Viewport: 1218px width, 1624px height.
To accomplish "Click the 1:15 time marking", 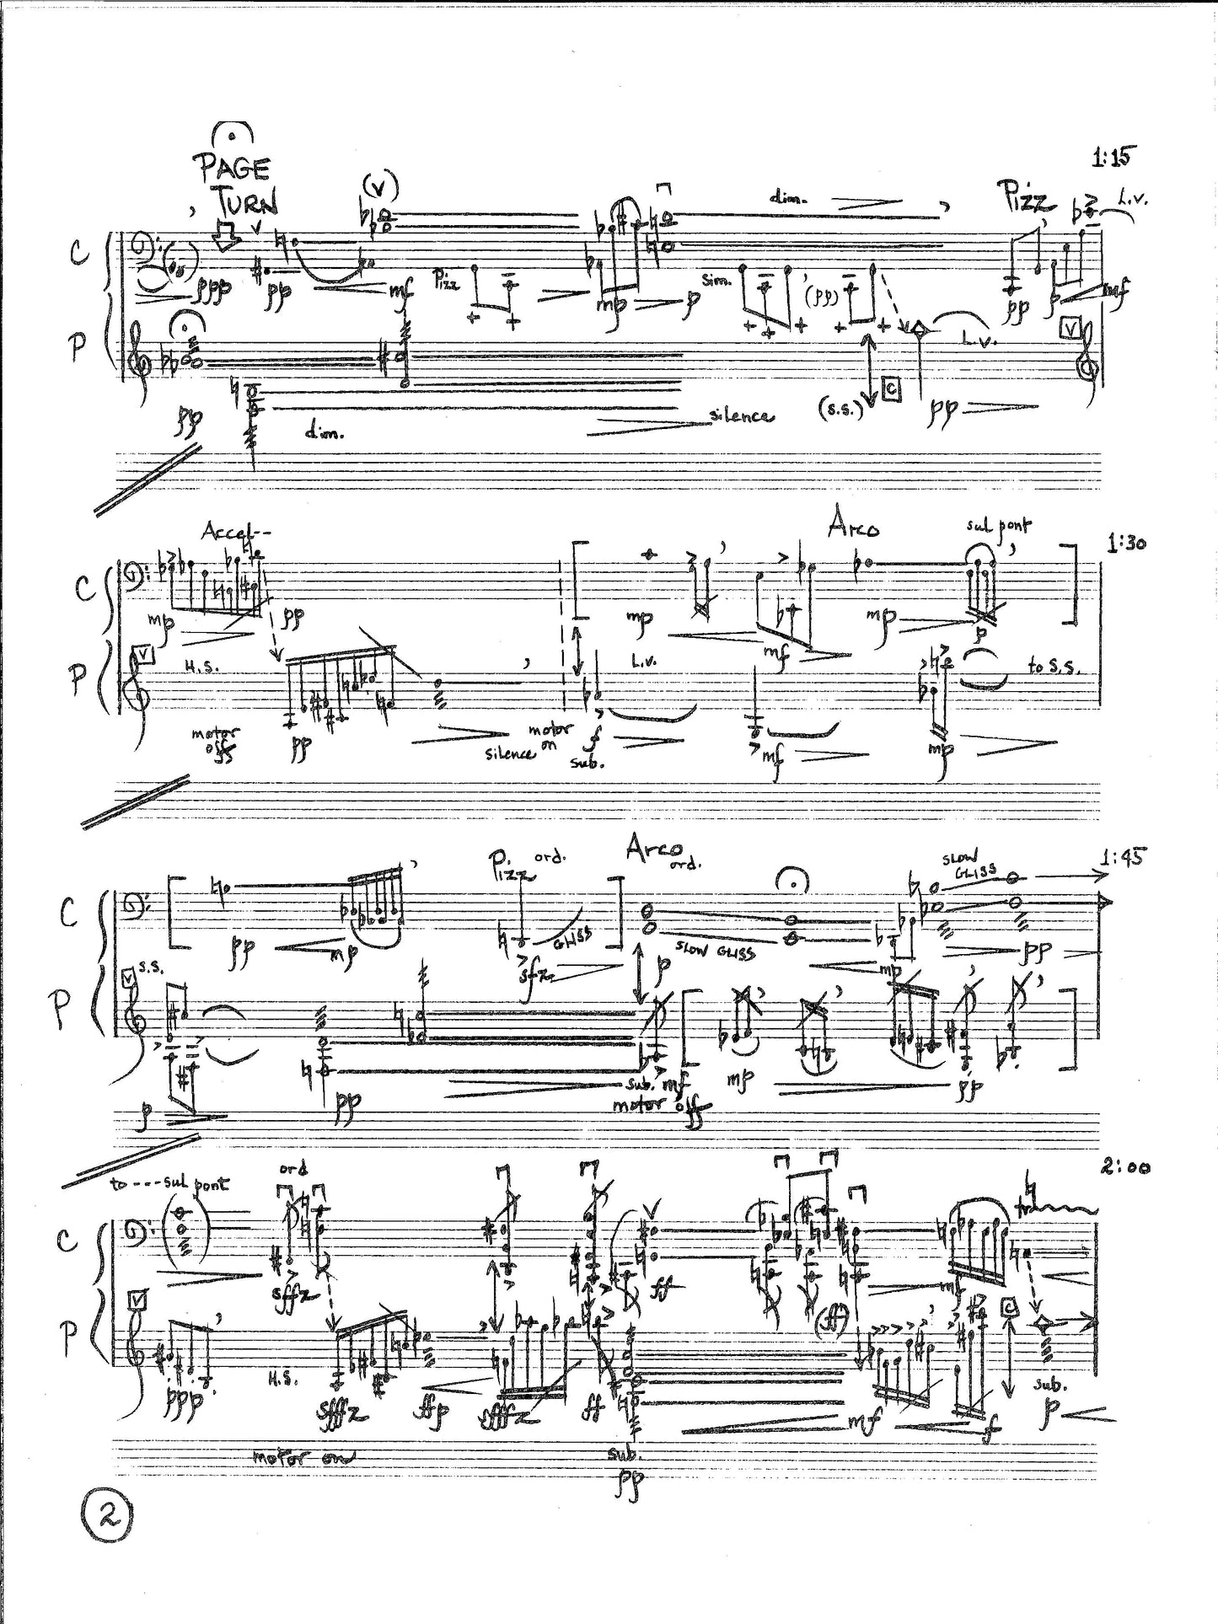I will pyautogui.click(x=1113, y=156).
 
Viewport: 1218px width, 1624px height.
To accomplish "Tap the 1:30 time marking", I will pyautogui.click(x=1126, y=544).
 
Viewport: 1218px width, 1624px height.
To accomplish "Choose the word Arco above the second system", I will pyautogui.click(x=854, y=528).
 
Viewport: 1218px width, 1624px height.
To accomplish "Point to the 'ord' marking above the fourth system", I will pyautogui.click(x=292, y=1169).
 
